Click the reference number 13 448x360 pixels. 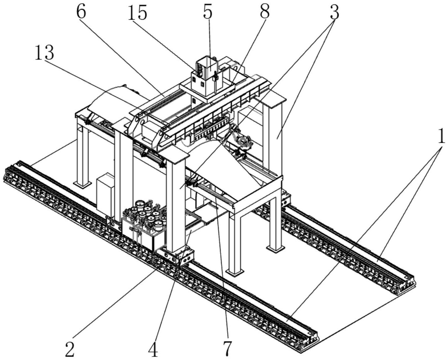click(44, 53)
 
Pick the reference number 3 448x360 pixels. click(334, 12)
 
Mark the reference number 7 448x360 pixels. click(227, 349)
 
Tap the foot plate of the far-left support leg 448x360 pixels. click(82, 184)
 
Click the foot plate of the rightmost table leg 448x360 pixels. click(276, 249)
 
